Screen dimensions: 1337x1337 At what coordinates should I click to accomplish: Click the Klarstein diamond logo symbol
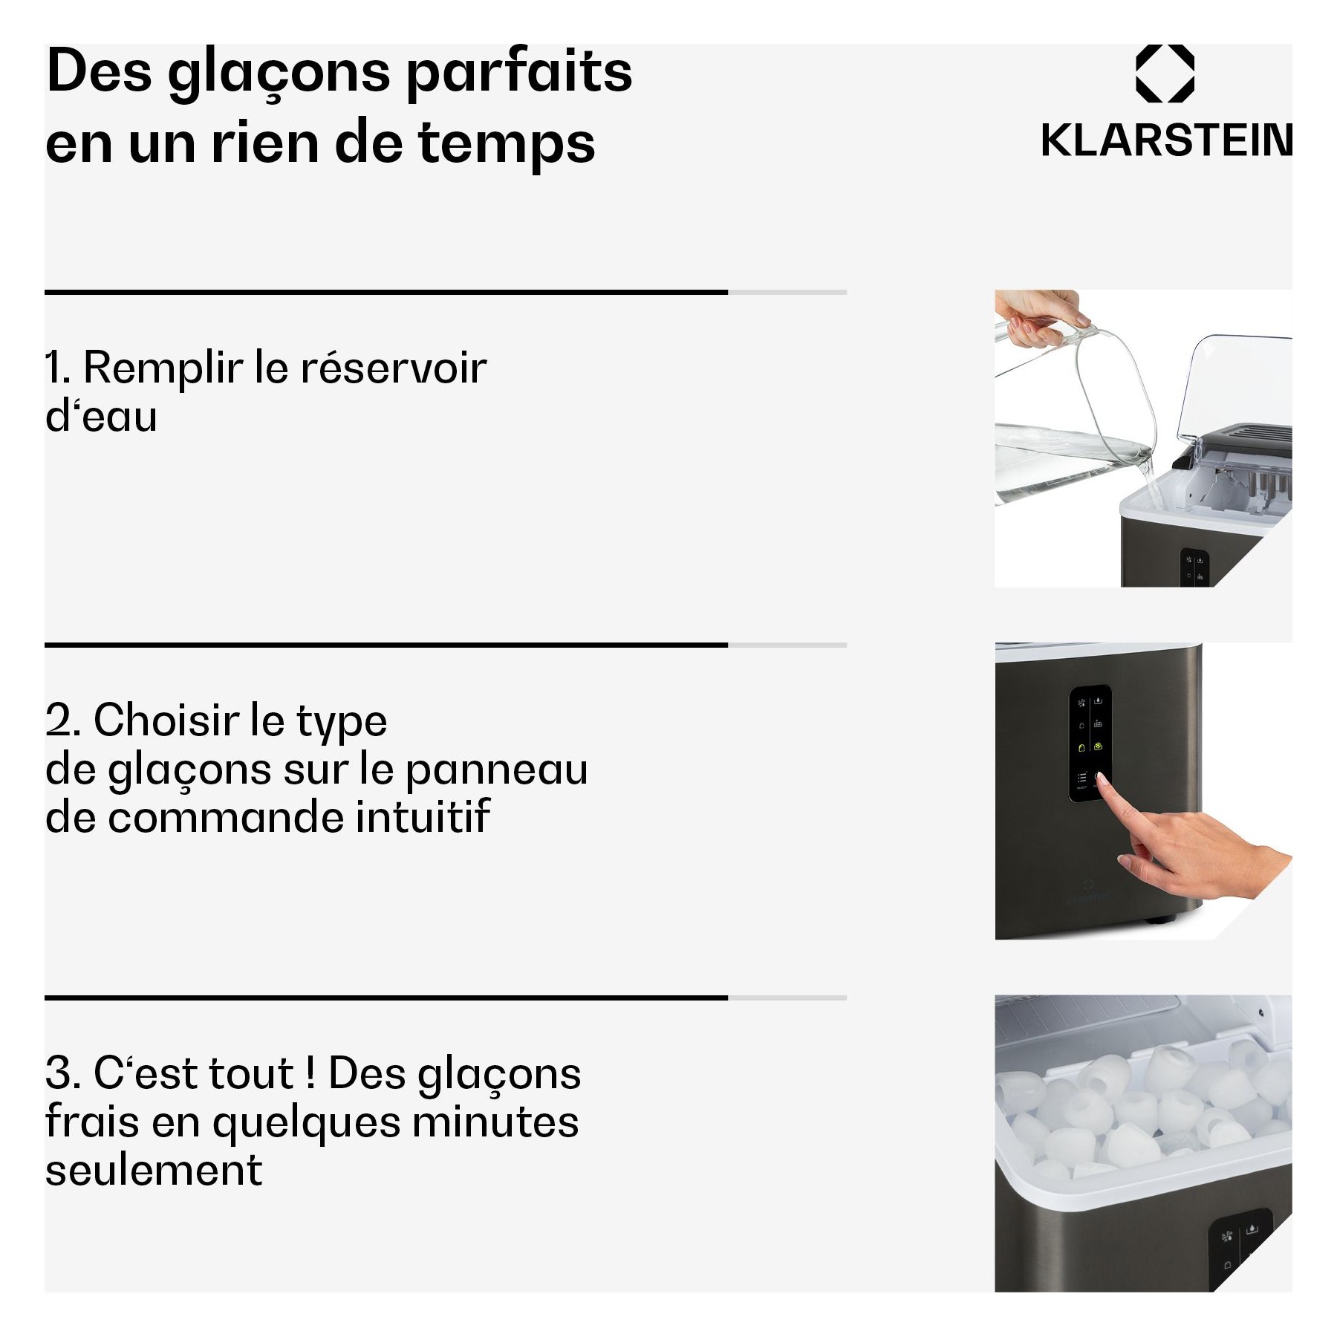(x=1165, y=73)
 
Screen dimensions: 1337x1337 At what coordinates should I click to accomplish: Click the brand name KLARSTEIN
(x=1166, y=140)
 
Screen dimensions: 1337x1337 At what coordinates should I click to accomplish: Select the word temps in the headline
(x=507, y=144)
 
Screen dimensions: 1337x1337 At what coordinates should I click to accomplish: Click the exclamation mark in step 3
(x=310, y=1073)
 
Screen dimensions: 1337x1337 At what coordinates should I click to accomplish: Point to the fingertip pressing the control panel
(x=1100, y=778)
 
